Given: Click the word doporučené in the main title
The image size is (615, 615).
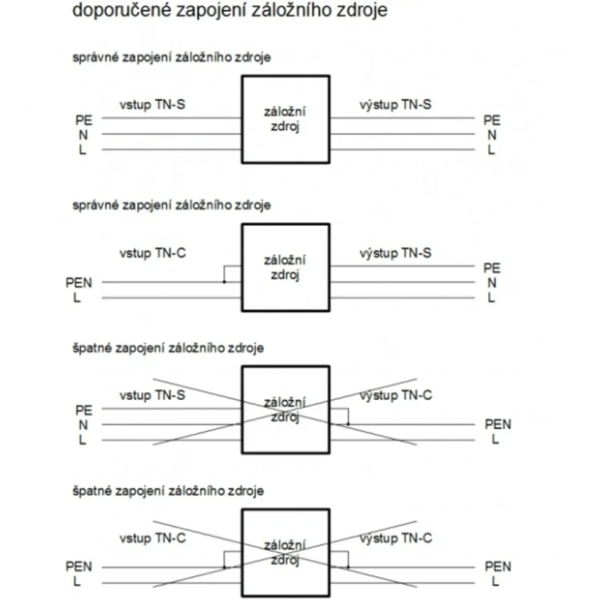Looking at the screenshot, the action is pyautogui.click(x=122, y=10).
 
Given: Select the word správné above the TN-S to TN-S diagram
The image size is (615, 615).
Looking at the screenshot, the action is pyautogui.click(x=95, y=58).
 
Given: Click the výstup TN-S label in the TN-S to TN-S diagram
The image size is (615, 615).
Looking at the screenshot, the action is pyautogui.click(x=395, y=105).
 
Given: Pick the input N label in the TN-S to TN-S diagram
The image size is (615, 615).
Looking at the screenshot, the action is pyautogui.click(x=83, y=135).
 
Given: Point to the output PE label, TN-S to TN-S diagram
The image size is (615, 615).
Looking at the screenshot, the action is pyautogui.click(x=492, y=120).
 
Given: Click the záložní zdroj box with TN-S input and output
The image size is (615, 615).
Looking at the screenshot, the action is pyautogui.click(x=285, y=119).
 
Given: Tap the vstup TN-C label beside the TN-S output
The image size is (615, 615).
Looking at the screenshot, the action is pyautogui.click(x=153, y=253).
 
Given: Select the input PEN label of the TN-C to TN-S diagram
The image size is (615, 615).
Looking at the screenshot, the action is pyautogui.click(x=79, y=283).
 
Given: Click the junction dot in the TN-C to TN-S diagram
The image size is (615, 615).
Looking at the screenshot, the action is pyautogui.click(x=224, y=282).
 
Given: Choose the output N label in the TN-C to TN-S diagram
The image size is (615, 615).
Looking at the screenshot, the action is pyautogui.click(x=492, y=283).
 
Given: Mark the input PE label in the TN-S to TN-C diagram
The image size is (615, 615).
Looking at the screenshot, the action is pyautogui.click(x=84, y=410).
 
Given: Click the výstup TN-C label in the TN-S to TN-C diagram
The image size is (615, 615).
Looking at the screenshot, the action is pyautogui.click(x=395, y=395).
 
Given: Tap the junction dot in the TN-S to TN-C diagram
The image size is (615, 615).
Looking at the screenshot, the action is pyautogui.click(x=348, y=424).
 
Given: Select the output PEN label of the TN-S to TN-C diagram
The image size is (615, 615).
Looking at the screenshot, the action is pyautogui.click(x=498, y=424).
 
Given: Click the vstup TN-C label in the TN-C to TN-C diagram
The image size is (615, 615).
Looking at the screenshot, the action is pyautogui.click(x=153, y=538).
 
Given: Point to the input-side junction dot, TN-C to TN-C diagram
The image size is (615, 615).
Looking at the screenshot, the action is pyautogui.click(x=224, y=567).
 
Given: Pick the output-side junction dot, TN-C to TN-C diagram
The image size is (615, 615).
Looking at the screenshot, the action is pyautogui.click(x=348, y=567).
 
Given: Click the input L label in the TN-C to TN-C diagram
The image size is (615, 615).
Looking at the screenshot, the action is pyautogui.click(x=77, y=582).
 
